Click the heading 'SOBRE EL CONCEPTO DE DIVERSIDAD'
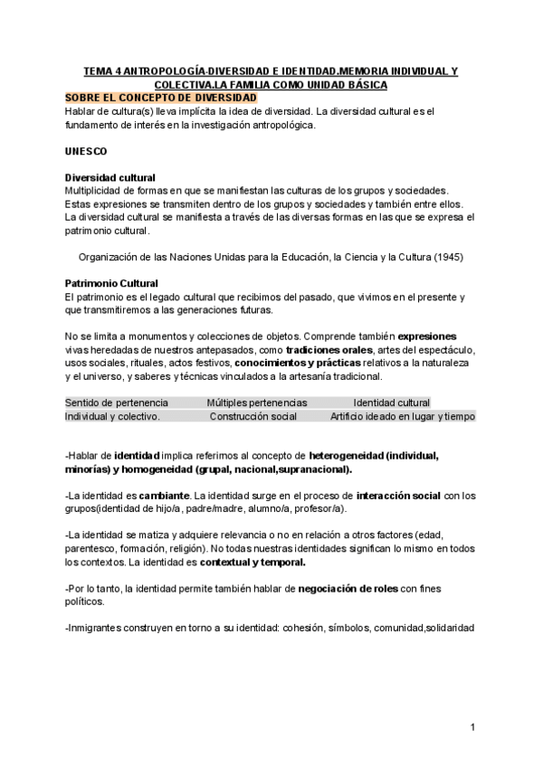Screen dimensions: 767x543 161,98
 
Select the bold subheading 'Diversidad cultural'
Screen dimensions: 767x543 110,177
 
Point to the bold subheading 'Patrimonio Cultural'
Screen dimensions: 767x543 112,283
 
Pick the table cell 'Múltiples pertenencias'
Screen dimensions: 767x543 257,402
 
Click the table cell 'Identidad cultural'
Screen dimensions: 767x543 391,402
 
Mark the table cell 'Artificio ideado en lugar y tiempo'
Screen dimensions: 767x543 403,416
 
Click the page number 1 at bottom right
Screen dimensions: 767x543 472,727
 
